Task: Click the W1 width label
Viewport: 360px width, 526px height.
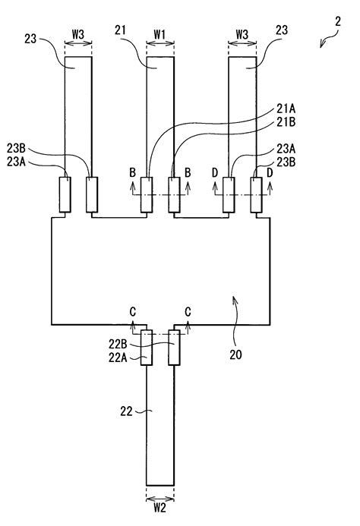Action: tap(159, 33)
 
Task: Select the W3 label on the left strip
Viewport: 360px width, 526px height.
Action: tap(78, 33)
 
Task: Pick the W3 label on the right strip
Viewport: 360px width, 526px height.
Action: tap(242, 33)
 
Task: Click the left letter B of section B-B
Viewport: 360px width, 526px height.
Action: tap(133, 173)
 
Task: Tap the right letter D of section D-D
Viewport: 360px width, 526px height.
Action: tap(270, 173)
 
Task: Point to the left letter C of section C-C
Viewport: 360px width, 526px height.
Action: tap(134, 312)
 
